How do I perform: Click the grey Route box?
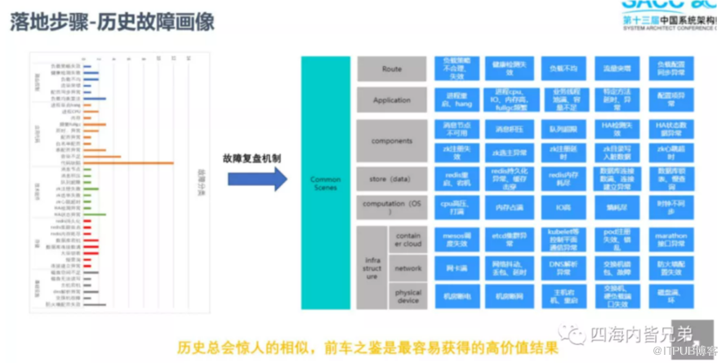tap(392, 69)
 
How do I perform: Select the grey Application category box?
tap(392, 100)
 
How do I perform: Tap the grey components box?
tap(392, 140)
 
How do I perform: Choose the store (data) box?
tap(392, 177)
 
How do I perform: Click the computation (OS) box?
tap(392, 204)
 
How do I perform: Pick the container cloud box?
tap(408, 240)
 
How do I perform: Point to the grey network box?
tap(408, 267)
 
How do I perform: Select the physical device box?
tap(408, 295)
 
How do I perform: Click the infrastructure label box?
tap(372, 268)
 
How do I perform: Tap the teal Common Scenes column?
tap(326, 183)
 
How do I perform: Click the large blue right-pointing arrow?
tap(256, 178)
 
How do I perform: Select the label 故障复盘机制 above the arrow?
tap(256, 157)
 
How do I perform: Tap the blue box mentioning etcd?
tap(510, 240)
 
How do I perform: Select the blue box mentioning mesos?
tap(457, 240)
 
